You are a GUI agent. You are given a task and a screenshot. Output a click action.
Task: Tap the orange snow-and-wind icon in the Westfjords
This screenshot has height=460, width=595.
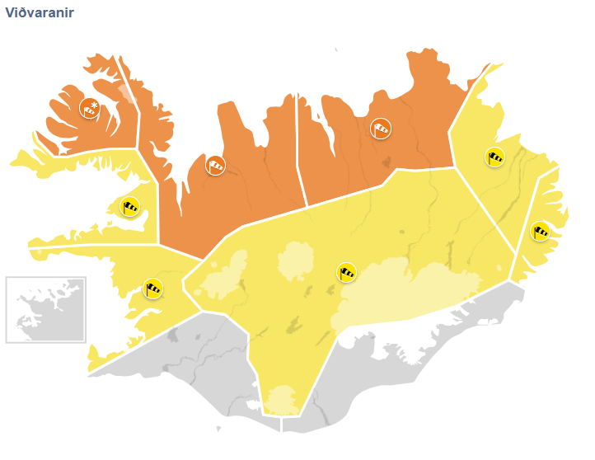(x=90, y=107)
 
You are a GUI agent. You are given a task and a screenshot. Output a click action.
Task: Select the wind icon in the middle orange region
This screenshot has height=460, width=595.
(x=215, y=165)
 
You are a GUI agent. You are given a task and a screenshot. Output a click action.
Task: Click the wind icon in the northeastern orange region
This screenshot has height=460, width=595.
(x=381, y=128)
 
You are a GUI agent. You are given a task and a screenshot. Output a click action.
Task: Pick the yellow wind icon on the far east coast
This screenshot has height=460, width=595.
(x=541, y=231)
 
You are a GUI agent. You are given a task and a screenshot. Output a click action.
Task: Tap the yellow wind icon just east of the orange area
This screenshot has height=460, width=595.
(x=494, y=156)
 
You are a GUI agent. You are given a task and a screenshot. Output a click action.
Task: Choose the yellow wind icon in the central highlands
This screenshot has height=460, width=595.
(x=347, y=271)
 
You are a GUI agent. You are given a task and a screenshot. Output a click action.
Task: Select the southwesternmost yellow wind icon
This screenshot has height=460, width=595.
(x=153, y=289)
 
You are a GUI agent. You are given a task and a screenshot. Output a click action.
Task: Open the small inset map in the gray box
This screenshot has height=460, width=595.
(x=46, y=309)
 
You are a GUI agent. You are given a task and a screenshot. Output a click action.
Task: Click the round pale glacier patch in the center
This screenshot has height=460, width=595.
(x=297, y=263)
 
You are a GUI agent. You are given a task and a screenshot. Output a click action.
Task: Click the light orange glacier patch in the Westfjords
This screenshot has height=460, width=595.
(x=124, y=92)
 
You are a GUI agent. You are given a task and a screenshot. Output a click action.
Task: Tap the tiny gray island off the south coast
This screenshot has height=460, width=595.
(x=218, y=429)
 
